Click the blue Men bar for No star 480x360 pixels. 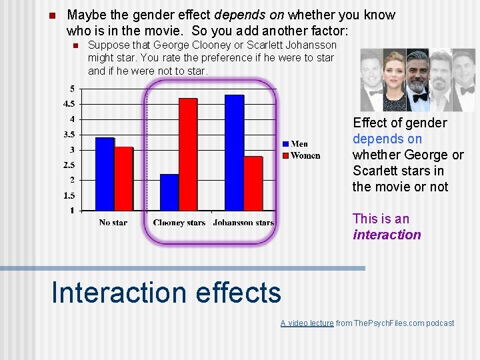105,173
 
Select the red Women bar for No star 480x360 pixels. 123,178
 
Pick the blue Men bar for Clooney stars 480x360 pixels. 169,192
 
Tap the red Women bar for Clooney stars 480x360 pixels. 188,154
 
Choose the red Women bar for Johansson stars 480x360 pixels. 253,183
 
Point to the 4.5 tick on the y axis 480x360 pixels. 69,104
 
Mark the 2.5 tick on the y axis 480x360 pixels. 69,165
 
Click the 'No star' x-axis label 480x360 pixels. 113,223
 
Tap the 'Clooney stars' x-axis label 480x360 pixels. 179,223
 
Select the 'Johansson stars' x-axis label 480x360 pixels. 243,223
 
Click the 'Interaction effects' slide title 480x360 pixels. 166,293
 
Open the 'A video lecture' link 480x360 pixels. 307,323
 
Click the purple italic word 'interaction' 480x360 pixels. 387,235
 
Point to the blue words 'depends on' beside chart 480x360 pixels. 387,139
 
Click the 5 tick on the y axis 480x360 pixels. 72,89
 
